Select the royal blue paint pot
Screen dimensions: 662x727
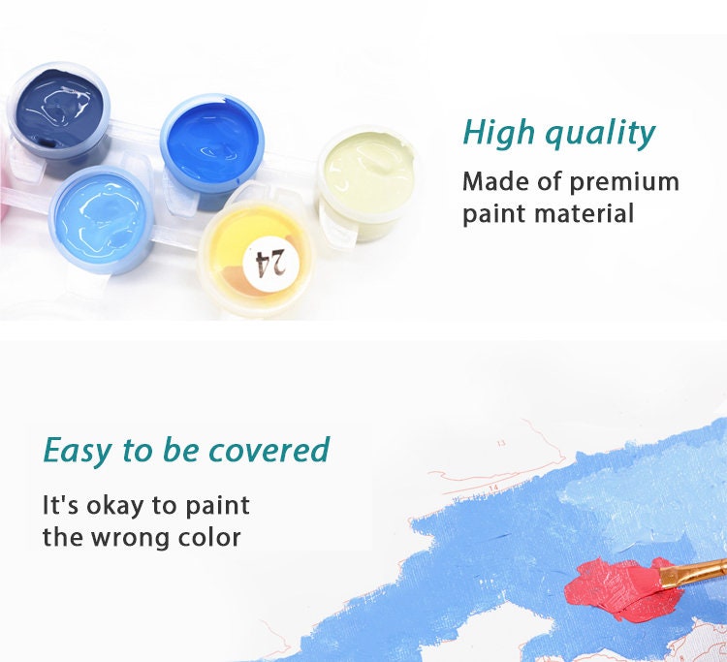(211, 140)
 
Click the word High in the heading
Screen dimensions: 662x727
(497, 134)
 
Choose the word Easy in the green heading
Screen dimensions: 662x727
(79, 451)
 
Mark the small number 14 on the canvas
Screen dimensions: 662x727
(492, 488)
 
